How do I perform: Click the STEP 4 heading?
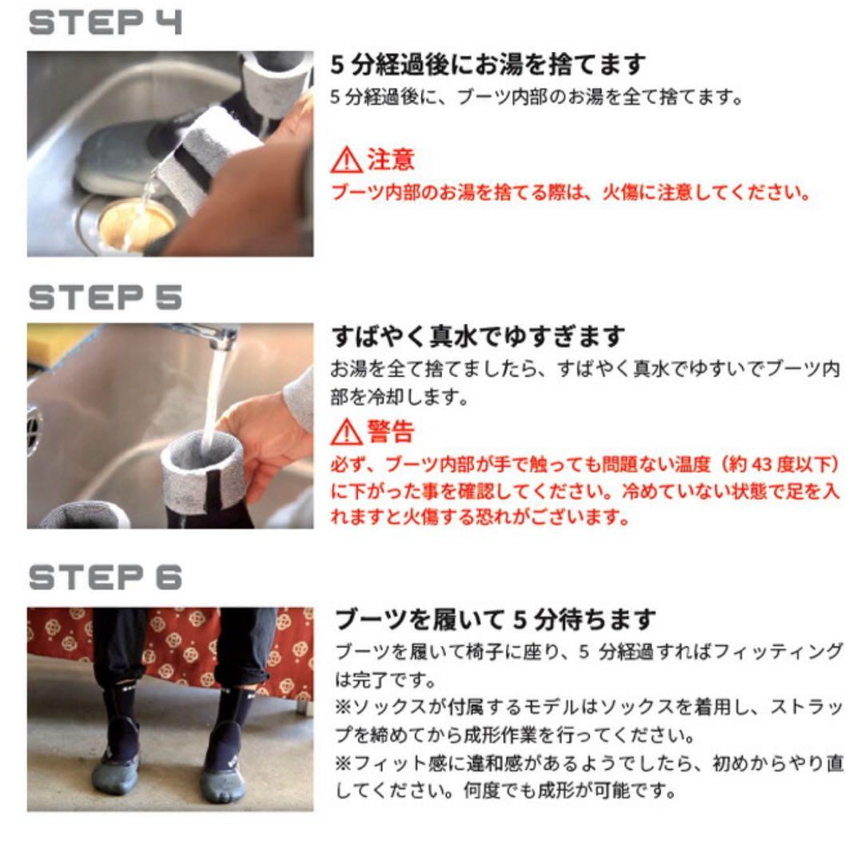click(105, 22)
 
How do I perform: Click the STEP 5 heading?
click(105, 297)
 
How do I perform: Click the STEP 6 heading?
click(105, 577)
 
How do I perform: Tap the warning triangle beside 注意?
click(346, 160)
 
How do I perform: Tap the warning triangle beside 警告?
click(346, 432)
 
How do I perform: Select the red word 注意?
click(391, 160)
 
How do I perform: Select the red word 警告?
click(391, 431)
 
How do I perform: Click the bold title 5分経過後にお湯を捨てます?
click(487, 65)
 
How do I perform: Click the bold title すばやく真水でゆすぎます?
click(478, 336)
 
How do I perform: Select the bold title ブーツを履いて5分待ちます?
click(495, 620)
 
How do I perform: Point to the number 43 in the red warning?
click(762, 464)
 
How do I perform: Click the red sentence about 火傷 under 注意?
click(571, 193)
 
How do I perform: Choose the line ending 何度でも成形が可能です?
click(505, 791)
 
